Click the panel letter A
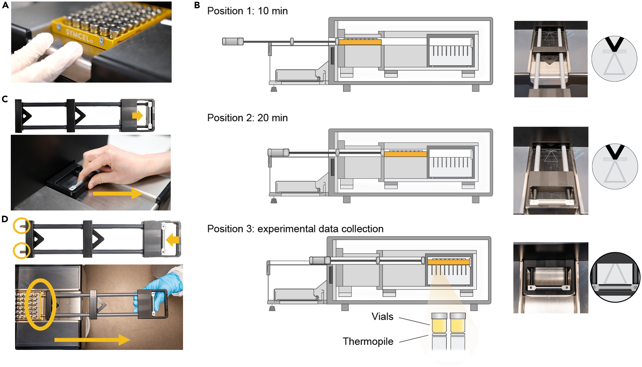click(5, 5)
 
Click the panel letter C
click(5, 99)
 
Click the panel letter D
click(5, 219)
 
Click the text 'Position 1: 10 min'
click(247, 11)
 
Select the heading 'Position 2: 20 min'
click(247, 118)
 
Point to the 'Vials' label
click(382, 317)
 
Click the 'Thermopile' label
click(368, 341)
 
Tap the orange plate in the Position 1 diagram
click(360, 42)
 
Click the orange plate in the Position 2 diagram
click(406, 154)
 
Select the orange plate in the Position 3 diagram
click(449, 262)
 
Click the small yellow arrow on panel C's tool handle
click(137, 116)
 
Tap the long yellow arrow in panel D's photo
click(92, 340)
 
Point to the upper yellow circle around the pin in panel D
click(22, 226)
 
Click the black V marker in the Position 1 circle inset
click(614, 43)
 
